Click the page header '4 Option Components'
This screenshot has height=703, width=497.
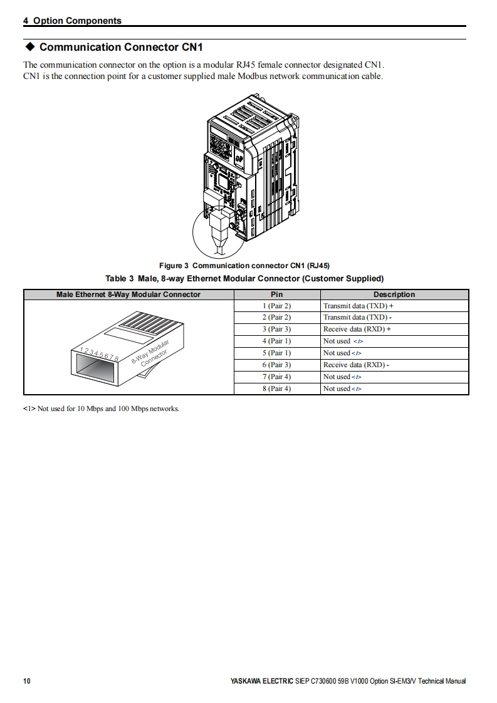pyautogui.click(x=72, y=21)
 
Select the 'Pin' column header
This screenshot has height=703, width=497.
pyautogui.click(x=276, y=294)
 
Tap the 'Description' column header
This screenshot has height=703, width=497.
pyautogui.click(x=394, y=294)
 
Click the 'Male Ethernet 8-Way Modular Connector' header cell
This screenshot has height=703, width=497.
pyautogui.click(x=128, y=294)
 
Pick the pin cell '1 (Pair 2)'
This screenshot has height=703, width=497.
pyautogui.click(x=276, y=306)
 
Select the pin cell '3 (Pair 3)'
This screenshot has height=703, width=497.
pyautogui.click(x=276, y=329)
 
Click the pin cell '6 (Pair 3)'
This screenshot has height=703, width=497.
pyautogui.click(x=276, y=365)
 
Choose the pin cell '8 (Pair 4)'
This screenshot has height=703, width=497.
pyautogui.click(x=276, y=388)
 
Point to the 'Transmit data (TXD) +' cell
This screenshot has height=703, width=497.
pyautogui.click(x=358, y=306)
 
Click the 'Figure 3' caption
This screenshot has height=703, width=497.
pyautogui.click(x=244, y=266)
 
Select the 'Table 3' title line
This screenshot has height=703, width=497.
pyautogui.click(x=244, y=278)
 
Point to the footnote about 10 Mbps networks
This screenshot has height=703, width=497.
pyautogui.click(x=101, y=409)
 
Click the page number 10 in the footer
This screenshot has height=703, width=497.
pyautogui.click(x=27, y=681)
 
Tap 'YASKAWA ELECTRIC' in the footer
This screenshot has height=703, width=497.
pyautogui.click(x=261, y=681)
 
